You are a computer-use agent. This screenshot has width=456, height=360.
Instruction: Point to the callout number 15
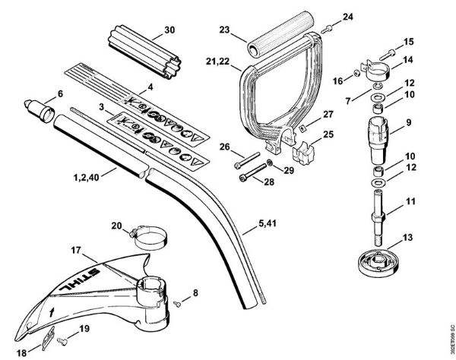coord(409,41)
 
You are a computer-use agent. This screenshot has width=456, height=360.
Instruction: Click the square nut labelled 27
coord(302,125)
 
